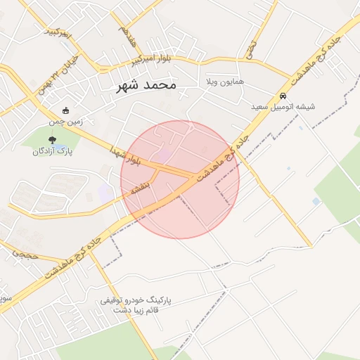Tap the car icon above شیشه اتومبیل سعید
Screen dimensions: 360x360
point(283,96)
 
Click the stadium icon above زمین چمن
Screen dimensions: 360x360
point(66,110)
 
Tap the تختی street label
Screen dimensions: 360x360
point(251,48)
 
